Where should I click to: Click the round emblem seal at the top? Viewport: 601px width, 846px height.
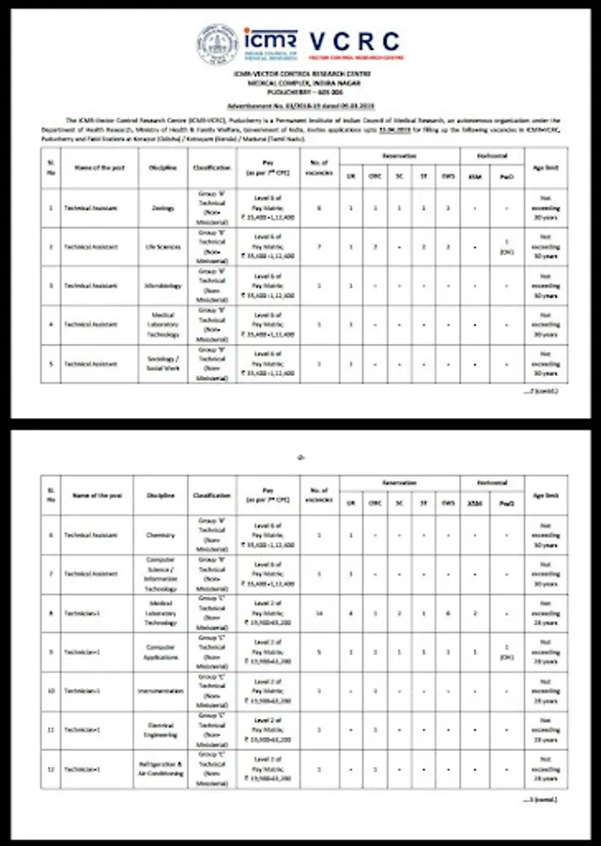point(216,44)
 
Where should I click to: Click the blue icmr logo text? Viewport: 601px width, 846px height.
point(273,39)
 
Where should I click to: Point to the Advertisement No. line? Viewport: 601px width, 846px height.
point(300,109)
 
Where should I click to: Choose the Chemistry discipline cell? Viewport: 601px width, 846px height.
point(161,534)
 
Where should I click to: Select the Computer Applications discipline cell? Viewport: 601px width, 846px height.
point(161,650)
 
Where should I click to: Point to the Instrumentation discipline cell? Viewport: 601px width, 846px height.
point(161,691)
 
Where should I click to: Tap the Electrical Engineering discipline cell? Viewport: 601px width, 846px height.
point(161,729)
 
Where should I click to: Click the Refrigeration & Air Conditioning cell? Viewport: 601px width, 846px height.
point(161,768)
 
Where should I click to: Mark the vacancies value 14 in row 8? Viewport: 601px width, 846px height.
point(319,612)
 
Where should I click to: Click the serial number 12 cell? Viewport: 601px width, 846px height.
point(51,768)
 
